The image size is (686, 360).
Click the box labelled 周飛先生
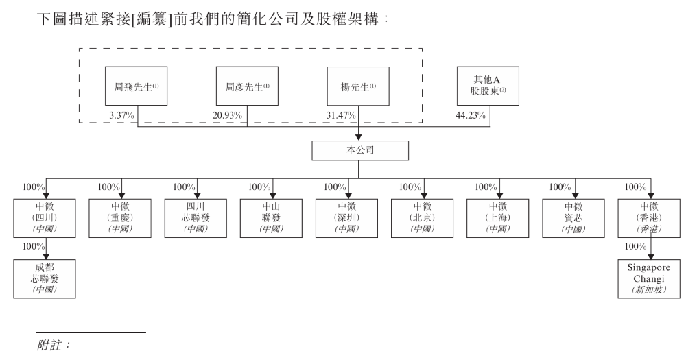[x=137, y=86]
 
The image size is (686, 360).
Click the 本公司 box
[x=359, y=150]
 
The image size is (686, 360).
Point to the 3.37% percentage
[x=121, y=115]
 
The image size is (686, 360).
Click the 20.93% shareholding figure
[x=229, y=115]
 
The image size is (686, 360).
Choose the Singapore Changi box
[x=649, y=279]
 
